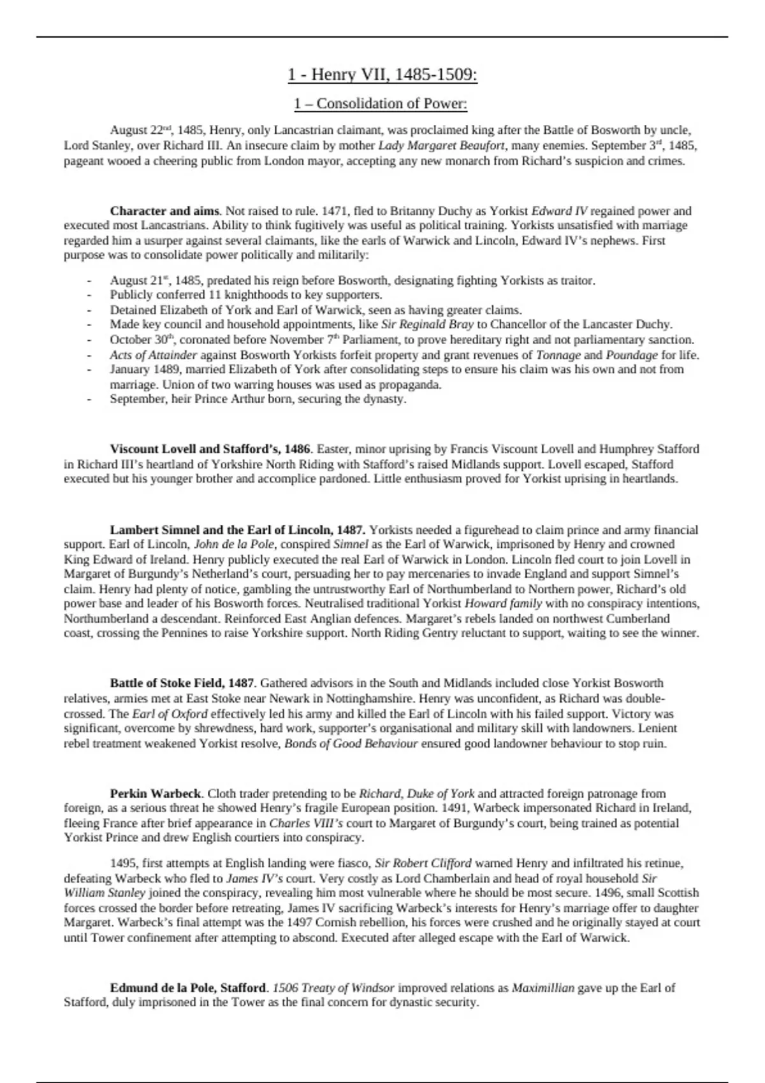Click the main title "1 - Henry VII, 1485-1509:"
pyautogui.click(x=382, y=75)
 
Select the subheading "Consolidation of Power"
pyautogui.click(x=391, y=103)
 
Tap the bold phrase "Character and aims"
pyautogui.click(x=164, y=211)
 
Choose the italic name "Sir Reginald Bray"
pyautogui.click(x=427, y=325)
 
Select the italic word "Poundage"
pyautogui.click(x=632, y=355)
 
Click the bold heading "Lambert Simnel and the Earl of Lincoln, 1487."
pyautogui.click(x=238, y=530)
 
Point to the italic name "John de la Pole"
pyautogui.click(x=234, y=545)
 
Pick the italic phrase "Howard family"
pyautogui.click(x=503, y=603)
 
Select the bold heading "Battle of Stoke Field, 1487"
pyautogui.click(x=182, y=683)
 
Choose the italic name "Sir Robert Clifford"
pyautogui.click(x=423, y=864)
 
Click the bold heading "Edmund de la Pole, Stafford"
pyautogui.click(x=188, y=988)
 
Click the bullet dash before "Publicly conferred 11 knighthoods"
pyautogui.click(x=90, y=296)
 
